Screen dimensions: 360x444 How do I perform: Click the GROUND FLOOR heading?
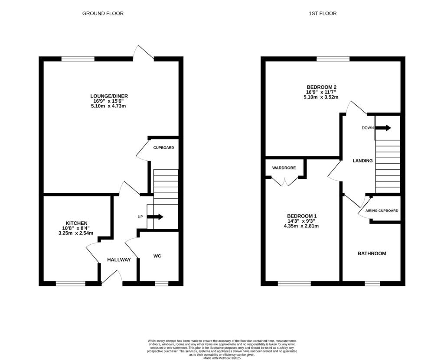[x=103, y=13]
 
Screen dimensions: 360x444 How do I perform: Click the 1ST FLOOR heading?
[x=322, y=13]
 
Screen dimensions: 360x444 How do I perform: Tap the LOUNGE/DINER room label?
[x=109, y=96]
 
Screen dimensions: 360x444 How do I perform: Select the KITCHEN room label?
[x=77, y=223]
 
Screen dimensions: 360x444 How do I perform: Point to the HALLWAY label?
[x=119, y=260]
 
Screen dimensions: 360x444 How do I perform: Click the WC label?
[x=157, y=256]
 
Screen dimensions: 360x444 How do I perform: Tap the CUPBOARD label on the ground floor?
[x=163, y=148]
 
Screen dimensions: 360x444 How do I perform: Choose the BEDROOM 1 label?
[x=302, y=216]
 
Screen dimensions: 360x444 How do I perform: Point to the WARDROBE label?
[x=284, y=168]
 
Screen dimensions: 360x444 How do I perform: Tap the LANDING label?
[x=362, y=161]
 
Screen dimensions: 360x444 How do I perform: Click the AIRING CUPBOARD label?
[x=382, y=211]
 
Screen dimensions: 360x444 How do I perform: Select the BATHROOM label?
[x=372, y=253]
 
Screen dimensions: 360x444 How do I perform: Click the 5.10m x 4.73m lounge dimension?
[x=109, y=106]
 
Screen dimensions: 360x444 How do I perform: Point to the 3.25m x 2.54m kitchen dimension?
[x=77, y=233]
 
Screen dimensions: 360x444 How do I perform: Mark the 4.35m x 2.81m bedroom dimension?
[x=302, y=226]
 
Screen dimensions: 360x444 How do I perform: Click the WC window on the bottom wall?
[x=161, y=284]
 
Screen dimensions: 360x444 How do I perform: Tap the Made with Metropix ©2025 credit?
[x=222, y=358]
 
